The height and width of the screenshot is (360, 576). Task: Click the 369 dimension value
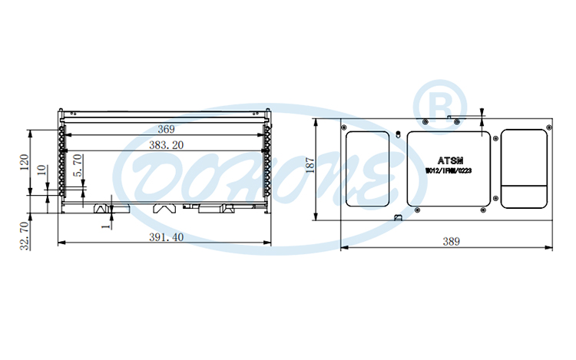pos(166,128)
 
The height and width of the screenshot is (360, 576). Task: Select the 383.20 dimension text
pos(166,144)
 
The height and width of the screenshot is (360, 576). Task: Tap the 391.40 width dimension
pos(166,237)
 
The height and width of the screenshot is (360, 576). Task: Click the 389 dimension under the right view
pos(451,241)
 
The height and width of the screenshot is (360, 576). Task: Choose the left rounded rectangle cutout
pos(368,168)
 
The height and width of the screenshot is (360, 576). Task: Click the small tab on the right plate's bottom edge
pos(398,217)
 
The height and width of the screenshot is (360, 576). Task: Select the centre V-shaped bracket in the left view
pos(165,207)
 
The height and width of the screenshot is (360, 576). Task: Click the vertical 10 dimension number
pos(41,173)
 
